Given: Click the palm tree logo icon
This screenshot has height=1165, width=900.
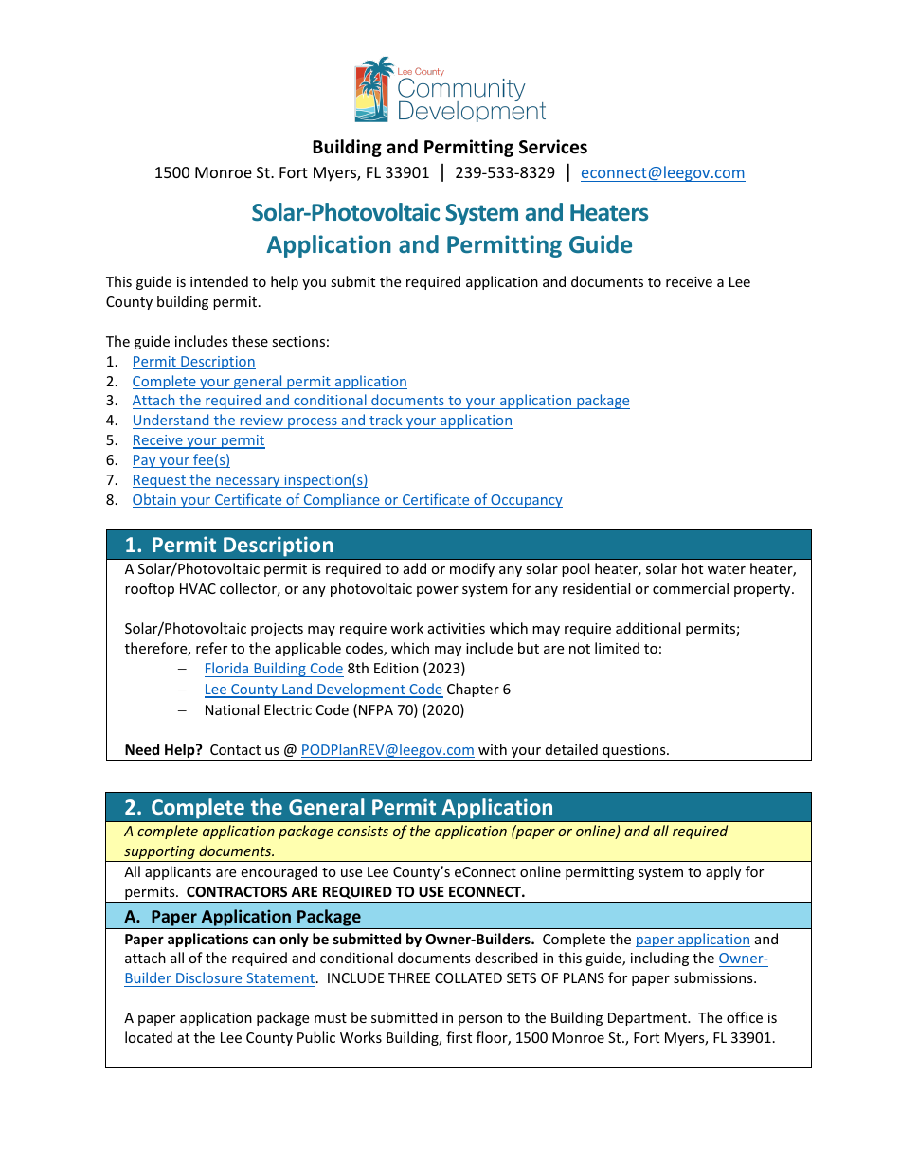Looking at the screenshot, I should [373, 90].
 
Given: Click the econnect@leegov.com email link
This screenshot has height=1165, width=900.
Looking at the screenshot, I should [662, 173].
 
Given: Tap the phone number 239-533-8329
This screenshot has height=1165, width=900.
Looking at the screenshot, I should [505, 173].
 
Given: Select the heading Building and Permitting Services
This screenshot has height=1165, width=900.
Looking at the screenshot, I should [449, 147].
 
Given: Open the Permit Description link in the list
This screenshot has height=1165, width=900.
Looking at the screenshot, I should [193, 362].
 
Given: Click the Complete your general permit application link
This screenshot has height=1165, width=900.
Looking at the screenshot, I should [269, 382].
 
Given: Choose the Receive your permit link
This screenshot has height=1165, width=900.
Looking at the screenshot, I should [198, 440].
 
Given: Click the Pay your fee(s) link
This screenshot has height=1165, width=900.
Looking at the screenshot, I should [181, 460].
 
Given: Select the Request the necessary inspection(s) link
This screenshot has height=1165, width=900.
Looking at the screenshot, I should [249, 480].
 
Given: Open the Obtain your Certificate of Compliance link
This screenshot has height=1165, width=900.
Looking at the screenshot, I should [347, 500].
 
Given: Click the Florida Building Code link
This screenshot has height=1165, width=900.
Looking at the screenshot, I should [273, 669].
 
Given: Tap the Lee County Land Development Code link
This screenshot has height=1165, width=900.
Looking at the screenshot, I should [323, 690].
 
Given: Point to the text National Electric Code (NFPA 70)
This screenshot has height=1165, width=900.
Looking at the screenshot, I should [334, 710].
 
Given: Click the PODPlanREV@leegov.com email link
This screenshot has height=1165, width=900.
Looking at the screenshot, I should [387, 750].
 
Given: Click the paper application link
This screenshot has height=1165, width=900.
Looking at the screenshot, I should [693, 940].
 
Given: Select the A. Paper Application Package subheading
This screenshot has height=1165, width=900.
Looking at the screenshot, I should [243, 917].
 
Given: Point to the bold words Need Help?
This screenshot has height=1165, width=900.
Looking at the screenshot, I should [163, 750].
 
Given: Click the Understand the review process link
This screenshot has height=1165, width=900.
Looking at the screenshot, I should [322, 421].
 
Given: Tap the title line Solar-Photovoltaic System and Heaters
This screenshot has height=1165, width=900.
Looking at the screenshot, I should [449, 213].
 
